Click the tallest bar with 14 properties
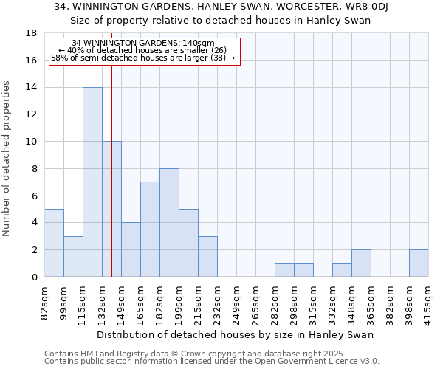pyautogui.click(x=92, y=182)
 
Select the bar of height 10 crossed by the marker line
pyautogui.click(x=111, y=209)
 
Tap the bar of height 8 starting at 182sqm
pyautogui.click(x=169, y=222)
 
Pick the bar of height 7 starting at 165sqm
pyautogui.click(x=150, y=229)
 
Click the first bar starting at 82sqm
pyautogui.click(x=54, y=243)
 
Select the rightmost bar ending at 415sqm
pyautogui.click(x=419, y=263)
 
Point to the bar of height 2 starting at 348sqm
pyautogui.click(x=361, y=263)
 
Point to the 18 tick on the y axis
pyautogui.click(x=32, y=33)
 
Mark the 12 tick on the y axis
pyautogui.click(x=32, y=114)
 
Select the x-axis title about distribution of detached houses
pyautogui.click(x=236, y=334)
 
